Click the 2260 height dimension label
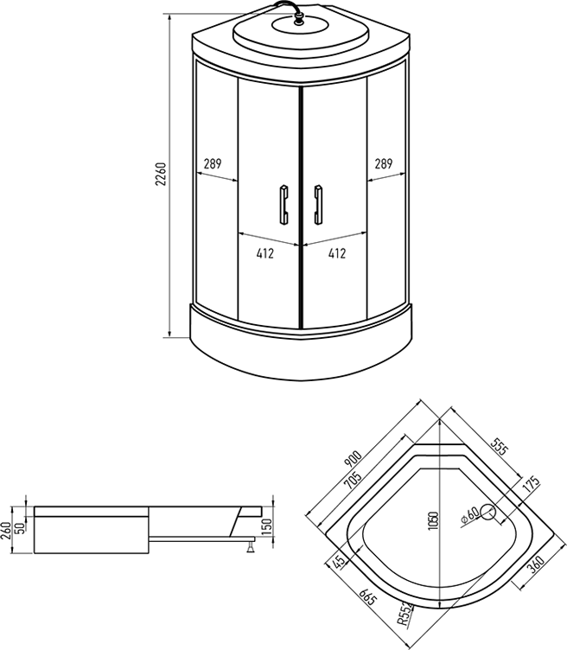(x=161, y=174)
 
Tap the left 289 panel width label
(x=213, y=163)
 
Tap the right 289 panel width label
(x=384, y=163)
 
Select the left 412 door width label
(x=264, y=253)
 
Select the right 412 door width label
(x=337, y=253)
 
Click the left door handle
(x=284, y=205)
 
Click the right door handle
(x=318, y=205)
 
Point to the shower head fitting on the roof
(x=298, y=18)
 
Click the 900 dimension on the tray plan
(x=354, y=459)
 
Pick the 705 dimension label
(x=353, y=481)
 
